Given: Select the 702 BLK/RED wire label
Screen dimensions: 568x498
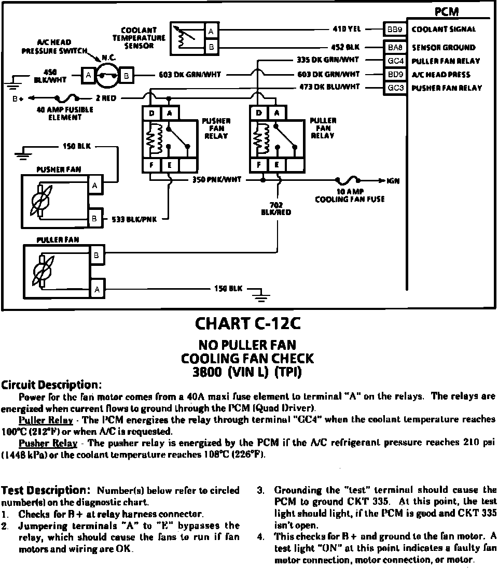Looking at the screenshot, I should pyautogui.click(x=277, y=208).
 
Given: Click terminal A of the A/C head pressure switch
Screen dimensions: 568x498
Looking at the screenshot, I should pyautogui.click(x=89, y=76).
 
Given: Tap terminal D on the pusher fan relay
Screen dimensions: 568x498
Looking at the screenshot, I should pyautogui.click(x=151, y=113).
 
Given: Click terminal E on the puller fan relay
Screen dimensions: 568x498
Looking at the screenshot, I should pyautogui.click(x=278, y=165).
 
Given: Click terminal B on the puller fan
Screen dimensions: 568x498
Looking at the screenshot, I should pyautogui.click(x=97, y=254).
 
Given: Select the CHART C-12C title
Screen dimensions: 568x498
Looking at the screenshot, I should pyautogui.click(x=247, y=324).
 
